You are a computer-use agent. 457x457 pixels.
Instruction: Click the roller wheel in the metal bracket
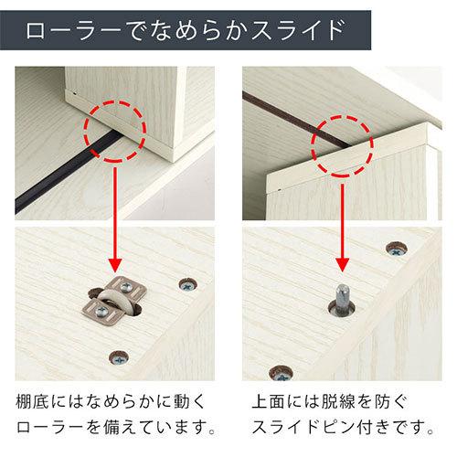[x=116, y=307]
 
